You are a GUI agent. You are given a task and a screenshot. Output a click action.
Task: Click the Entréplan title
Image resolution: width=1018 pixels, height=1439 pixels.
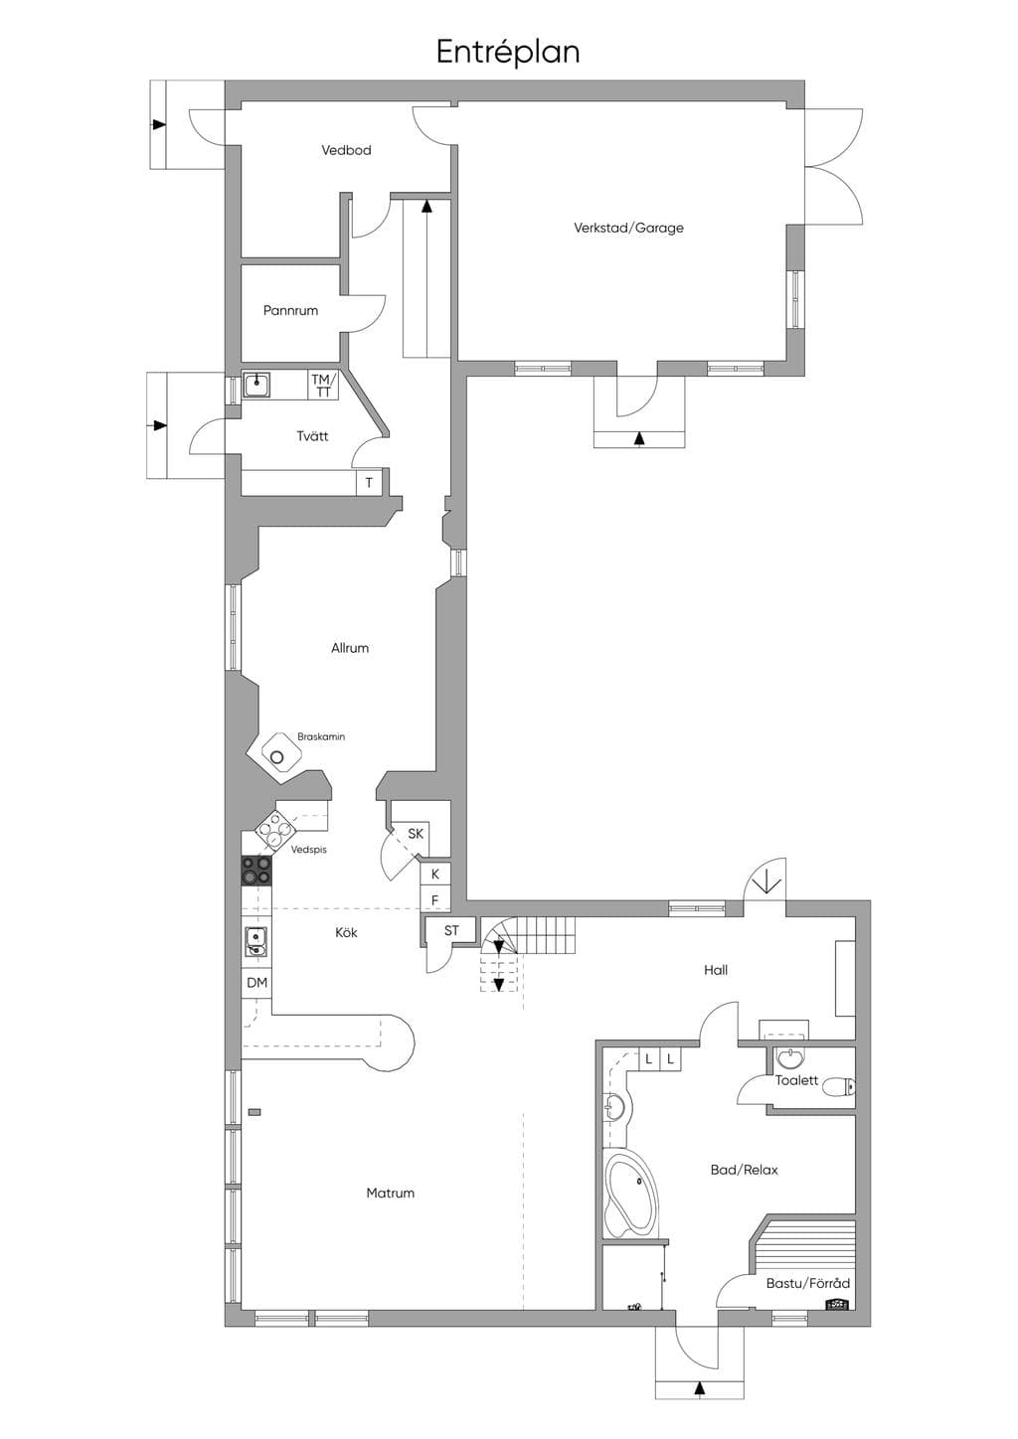[508, 52]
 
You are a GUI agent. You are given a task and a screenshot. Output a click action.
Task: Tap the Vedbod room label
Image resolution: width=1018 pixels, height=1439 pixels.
[346, 150]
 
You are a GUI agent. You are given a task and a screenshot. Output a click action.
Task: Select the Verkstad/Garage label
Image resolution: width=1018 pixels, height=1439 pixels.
[628, 228]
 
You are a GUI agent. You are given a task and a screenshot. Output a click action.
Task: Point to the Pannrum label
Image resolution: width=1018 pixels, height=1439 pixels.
[290, 311]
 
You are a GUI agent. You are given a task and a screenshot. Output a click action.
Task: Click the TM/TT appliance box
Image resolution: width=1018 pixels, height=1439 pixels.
[323, 385]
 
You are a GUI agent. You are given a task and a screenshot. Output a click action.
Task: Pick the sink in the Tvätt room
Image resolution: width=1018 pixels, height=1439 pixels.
[256, 385]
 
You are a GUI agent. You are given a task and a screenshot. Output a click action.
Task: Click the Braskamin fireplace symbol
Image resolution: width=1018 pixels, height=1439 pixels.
[277, 756]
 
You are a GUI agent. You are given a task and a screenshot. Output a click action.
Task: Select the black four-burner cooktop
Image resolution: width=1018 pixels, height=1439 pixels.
[256, 871]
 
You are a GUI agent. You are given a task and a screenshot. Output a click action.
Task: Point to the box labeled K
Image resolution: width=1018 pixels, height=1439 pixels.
[435, 874]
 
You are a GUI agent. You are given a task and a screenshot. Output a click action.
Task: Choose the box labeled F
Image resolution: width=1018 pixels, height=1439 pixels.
[435, 900]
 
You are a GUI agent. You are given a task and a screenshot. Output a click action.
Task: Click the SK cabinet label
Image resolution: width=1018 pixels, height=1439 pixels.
[416, 834]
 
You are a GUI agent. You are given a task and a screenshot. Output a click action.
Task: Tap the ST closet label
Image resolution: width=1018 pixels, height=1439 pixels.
[451, 930]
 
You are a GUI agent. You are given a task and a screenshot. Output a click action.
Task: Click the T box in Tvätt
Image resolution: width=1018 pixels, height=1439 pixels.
[369, 482]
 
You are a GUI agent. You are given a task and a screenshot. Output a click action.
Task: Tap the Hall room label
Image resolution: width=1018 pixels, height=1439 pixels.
[716, 970]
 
